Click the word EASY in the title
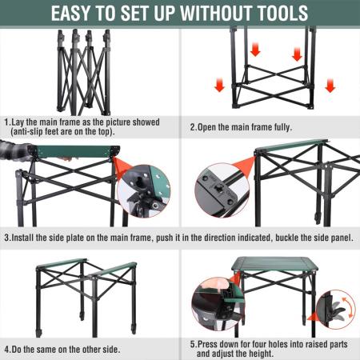tap(80, 14)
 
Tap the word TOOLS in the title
tap(274, 14)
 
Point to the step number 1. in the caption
tap(7, 122)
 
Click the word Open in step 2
tap(210, 126)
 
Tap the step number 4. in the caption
tap(7, 349)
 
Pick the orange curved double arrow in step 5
tap(346, 308)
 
